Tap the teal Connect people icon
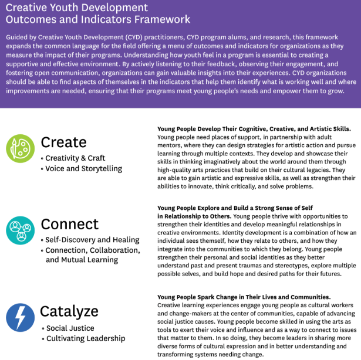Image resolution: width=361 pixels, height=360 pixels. (20, 230)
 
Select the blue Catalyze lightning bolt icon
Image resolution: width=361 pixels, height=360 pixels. (20, 317)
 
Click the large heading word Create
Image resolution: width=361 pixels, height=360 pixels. (63, 142)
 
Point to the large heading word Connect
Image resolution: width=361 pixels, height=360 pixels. (69, 224)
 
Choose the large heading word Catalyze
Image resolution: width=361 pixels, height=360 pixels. (69, 312)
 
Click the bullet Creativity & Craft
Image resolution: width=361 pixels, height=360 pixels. (75, 158)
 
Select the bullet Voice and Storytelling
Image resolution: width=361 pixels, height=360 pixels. (83, 168)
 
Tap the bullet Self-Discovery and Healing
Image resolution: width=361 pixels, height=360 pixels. (92, 239)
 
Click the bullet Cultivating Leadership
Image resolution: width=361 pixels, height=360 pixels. (85, 338)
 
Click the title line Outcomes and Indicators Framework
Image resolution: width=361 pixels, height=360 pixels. (98, 19)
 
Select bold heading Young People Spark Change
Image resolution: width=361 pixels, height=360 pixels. (244, 297)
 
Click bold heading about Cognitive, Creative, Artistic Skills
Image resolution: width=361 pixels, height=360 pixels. (254, 128)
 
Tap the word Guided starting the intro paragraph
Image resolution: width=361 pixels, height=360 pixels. (18, 37)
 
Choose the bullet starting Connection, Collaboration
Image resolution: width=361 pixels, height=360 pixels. (93, 250)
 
